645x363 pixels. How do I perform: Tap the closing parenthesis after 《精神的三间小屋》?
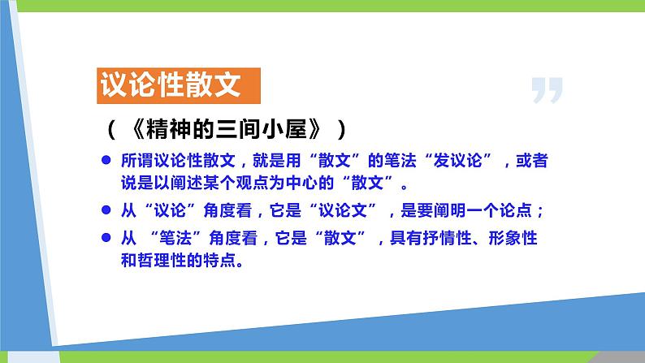(348, 128)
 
